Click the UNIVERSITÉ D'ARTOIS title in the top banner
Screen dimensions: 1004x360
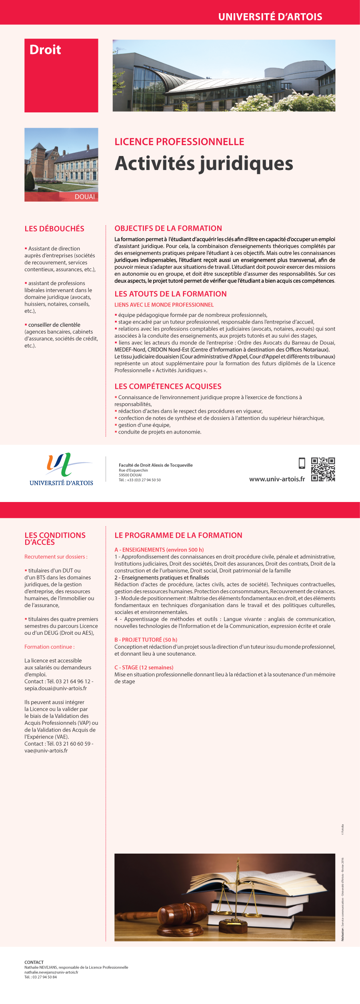click(x=270, y=17)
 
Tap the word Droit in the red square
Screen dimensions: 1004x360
click(x=45, y=50)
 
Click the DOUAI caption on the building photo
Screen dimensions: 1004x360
click(x=85, y=197)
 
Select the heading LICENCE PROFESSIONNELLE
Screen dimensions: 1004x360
click(x=179, y=142)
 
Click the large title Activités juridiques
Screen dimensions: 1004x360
click(x=204, y=164)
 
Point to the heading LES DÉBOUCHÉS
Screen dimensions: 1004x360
click(x=54, y=229)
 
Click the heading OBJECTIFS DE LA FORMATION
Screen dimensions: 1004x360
click(x=168, y=228)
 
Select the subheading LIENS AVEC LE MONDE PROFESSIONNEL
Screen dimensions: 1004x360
click(x=164, y=305)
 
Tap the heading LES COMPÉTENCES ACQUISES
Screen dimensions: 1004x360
click(x=168, y=386)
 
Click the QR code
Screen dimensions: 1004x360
click(x=323, y=469)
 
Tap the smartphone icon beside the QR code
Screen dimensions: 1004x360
click(x=302, y=463)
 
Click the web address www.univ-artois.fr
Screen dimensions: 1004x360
click(x=277, y=479)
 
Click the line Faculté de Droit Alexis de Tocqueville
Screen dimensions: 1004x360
click(x=156, y=465)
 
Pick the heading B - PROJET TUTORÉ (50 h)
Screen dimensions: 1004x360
click(x=146, y=640)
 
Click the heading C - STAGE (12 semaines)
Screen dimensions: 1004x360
click(x=144, y=667)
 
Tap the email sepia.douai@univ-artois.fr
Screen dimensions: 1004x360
click(x=56, y=688)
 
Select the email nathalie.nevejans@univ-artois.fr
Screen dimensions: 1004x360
click(x=51, y=972)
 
